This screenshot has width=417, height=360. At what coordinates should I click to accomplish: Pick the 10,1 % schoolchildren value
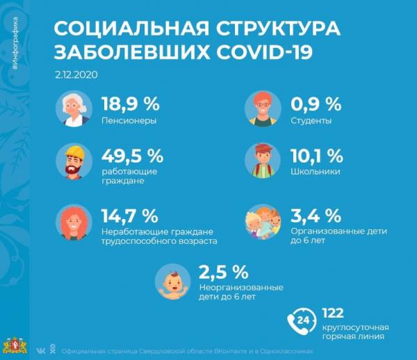(x=316, y=154)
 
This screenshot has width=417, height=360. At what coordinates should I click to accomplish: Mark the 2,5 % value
(x=223, y=270)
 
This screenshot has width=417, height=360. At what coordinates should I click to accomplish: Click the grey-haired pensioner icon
(x=73, y=110)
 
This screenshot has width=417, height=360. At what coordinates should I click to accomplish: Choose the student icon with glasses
(x=261, y=110)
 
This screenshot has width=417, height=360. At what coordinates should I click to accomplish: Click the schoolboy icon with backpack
(x=261, y=162)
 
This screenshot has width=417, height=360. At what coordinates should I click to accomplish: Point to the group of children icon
(x=262, y=222)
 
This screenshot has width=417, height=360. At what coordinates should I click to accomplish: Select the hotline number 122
(x=333, y=313)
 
